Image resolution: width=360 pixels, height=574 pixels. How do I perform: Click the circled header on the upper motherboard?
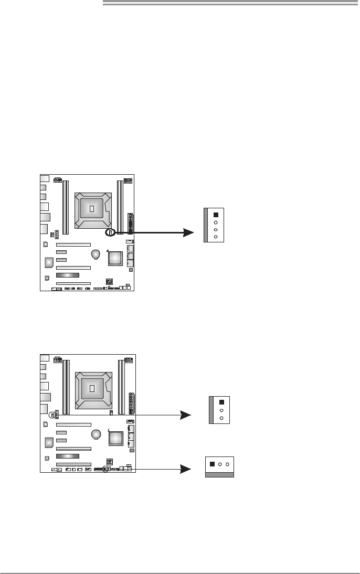(110, 231)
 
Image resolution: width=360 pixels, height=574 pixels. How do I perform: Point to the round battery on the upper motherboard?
(96, 254)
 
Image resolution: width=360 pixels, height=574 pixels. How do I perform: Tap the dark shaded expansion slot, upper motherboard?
(68, 275)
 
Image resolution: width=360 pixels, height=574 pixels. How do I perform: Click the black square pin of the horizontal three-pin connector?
(211, 464)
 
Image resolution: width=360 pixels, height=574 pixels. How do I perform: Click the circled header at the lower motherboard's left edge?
(52, 414)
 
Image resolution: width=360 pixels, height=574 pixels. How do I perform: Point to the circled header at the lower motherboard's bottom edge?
(105, 469)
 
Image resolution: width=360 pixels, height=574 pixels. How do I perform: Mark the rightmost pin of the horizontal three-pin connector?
(228, 464)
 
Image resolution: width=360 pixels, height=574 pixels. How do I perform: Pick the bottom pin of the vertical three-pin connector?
(221, 418)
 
